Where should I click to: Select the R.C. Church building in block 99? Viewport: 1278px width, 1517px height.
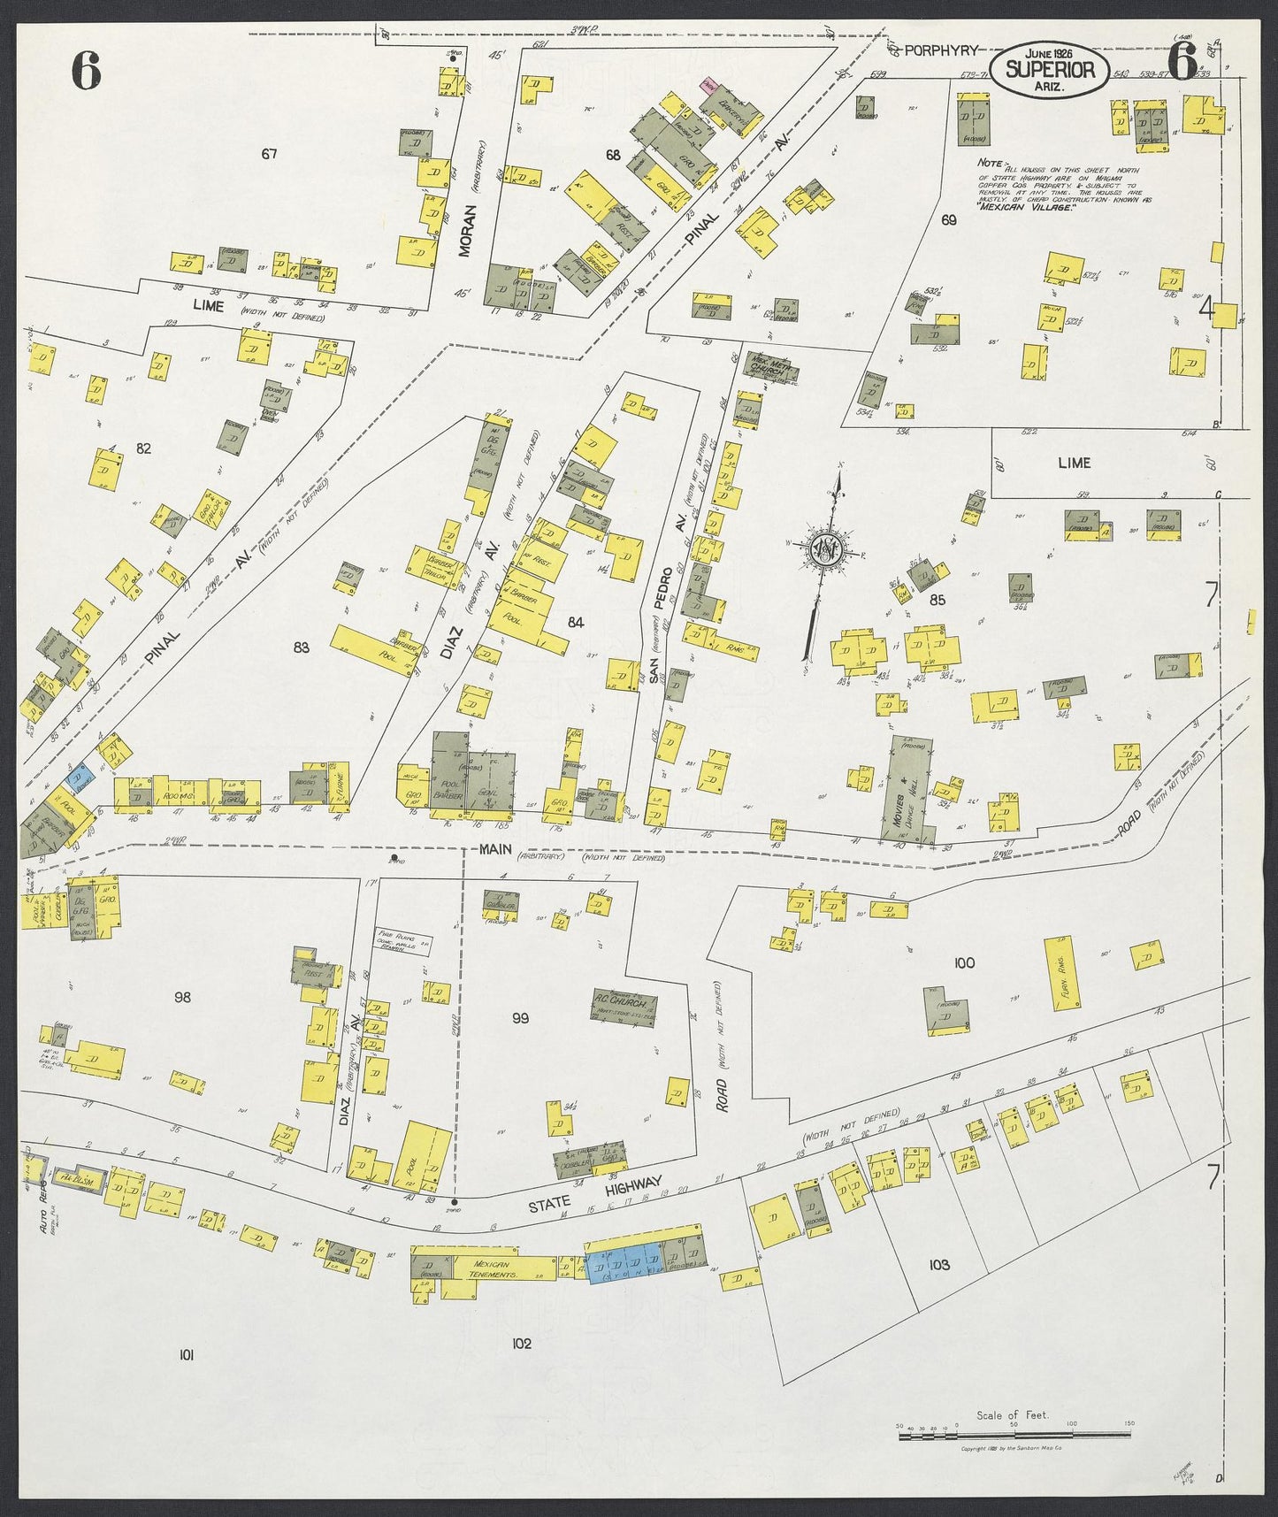pos(624,1003)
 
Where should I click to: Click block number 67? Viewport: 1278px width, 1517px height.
pos(269,154)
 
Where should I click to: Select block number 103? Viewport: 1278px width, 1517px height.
pos(939,1265)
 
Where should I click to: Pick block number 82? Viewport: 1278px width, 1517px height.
pos(143,448)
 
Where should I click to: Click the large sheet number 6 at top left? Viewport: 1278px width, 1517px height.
pos(86,71)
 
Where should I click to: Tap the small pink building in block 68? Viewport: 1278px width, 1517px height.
pos(708,85)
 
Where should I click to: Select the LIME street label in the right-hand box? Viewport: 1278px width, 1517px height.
pos(1074,463)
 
